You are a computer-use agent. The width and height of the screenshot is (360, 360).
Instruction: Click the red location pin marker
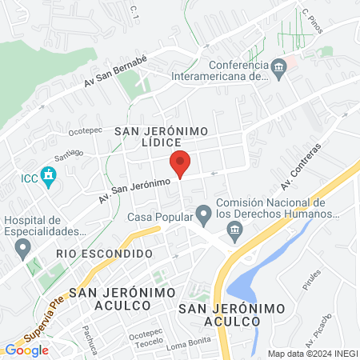pos(180,163)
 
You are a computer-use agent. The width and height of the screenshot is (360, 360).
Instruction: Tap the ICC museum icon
pos(48,174)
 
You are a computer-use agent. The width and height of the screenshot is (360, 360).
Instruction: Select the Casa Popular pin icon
pos(204,214)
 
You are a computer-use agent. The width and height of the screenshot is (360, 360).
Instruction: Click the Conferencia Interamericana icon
pos(278,66)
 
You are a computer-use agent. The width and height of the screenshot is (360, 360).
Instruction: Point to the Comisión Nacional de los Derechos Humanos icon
pos(234,232)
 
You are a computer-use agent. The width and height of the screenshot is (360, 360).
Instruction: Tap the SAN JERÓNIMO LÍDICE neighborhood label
pos(162,135)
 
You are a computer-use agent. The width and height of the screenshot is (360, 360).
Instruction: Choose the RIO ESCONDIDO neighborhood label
pos(104,253)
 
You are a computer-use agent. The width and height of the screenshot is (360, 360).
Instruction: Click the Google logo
pos(26,350)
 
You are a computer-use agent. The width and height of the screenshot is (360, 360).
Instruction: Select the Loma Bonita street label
pos(186,346)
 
